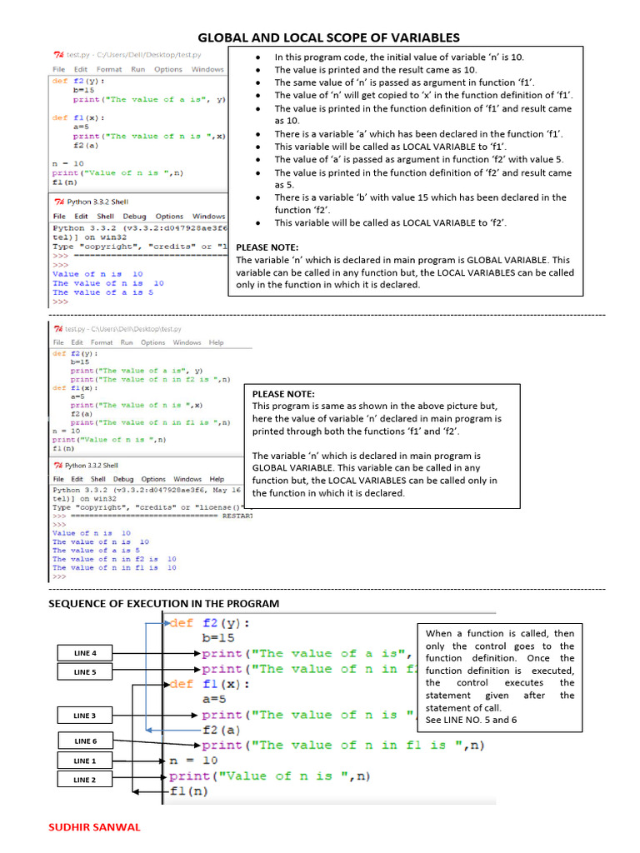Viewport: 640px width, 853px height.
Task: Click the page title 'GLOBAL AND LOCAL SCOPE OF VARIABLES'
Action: coord(327,37)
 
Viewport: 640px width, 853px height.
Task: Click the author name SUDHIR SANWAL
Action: coord(96,827)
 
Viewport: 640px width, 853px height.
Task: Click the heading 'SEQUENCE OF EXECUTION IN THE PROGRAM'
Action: coord(164,603)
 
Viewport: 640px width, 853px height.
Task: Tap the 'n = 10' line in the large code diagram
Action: coord(193,761)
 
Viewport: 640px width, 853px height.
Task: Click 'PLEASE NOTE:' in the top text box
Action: coord(267,247)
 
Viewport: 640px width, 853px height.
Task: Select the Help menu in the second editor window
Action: coord(217,342)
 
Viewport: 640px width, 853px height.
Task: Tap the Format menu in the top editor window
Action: coord(109,69)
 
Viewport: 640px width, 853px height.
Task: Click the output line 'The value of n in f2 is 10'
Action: coord(114,559)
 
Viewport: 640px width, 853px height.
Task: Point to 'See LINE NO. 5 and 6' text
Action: coord(471,719)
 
